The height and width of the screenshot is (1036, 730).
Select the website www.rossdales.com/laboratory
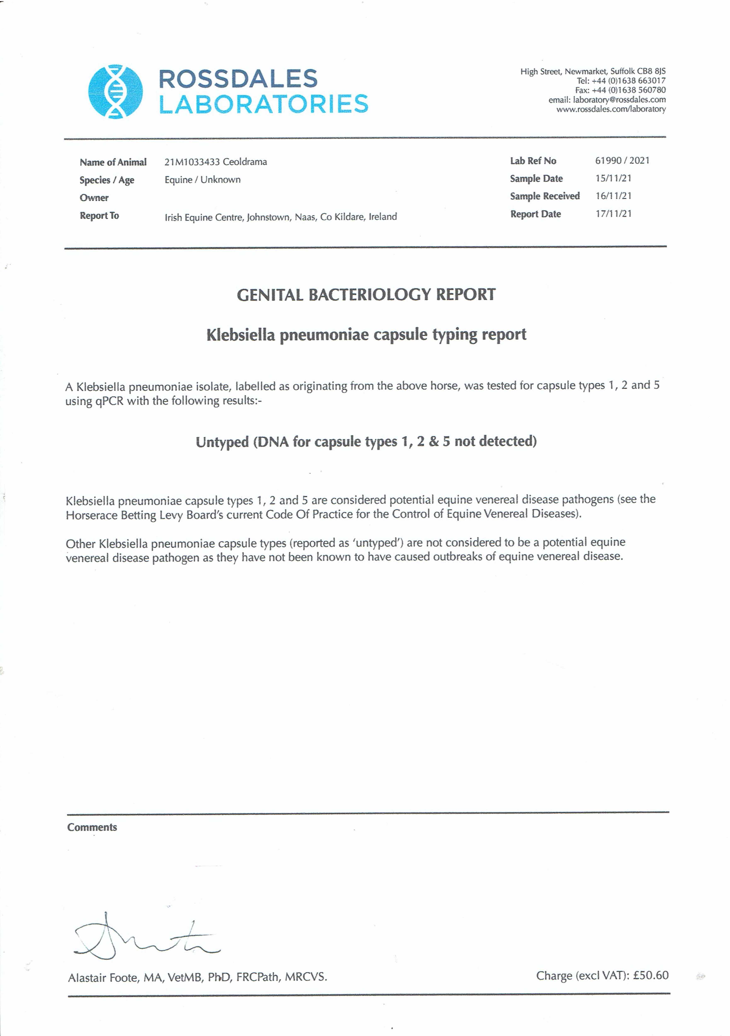(611, 109)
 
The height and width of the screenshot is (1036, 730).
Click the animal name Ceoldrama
(245, 162)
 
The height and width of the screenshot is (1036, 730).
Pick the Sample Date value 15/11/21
(613, 178)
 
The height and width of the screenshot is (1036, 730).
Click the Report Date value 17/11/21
(613, 214)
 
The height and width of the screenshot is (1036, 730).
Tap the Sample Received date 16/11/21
(613, 196)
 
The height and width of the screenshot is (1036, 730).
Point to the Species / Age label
(107, 180)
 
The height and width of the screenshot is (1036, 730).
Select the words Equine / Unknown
(202, 180)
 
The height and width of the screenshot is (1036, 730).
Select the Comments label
(92, 827)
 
